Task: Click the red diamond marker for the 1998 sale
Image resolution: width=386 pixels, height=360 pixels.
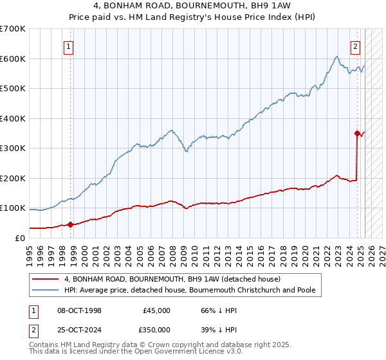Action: [71, 224]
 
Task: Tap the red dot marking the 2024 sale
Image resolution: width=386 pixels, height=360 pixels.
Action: [357, 134]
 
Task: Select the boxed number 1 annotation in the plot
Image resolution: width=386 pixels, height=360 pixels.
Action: [68, 46]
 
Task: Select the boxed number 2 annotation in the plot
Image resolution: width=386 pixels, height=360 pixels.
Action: [354, 46]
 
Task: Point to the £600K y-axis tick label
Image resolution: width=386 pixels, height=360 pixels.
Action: [13, 59]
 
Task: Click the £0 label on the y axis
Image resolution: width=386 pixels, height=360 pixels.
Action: [19, 238]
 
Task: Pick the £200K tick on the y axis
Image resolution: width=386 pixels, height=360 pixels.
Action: [13, 178]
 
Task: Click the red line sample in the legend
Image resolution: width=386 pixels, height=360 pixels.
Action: [45, 279]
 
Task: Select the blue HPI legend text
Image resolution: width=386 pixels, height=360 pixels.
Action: [190, 291]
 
